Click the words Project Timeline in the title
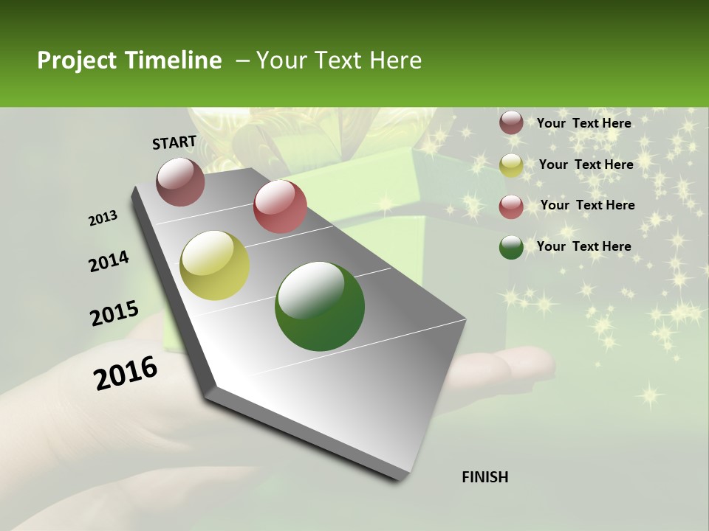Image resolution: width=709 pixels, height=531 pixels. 129,60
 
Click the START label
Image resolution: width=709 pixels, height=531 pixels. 174,142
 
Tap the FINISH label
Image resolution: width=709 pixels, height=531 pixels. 484,477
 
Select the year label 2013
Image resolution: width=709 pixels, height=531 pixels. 103,218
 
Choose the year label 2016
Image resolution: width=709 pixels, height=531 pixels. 126,372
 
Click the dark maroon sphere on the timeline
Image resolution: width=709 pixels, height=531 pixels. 180,181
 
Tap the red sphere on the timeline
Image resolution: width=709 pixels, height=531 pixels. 280,206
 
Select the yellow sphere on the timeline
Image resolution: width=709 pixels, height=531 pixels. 214,265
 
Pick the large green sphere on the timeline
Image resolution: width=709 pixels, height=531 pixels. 320,306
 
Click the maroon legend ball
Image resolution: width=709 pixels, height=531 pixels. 511,123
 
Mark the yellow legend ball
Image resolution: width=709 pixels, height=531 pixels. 511,165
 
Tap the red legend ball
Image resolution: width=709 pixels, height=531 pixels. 511,206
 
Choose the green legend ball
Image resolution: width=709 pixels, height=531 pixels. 511,247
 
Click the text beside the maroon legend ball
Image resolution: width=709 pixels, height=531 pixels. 583,123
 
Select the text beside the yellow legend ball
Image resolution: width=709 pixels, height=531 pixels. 586,164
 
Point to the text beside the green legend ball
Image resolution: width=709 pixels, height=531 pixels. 583,246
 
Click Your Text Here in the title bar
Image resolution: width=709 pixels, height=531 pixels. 338,60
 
